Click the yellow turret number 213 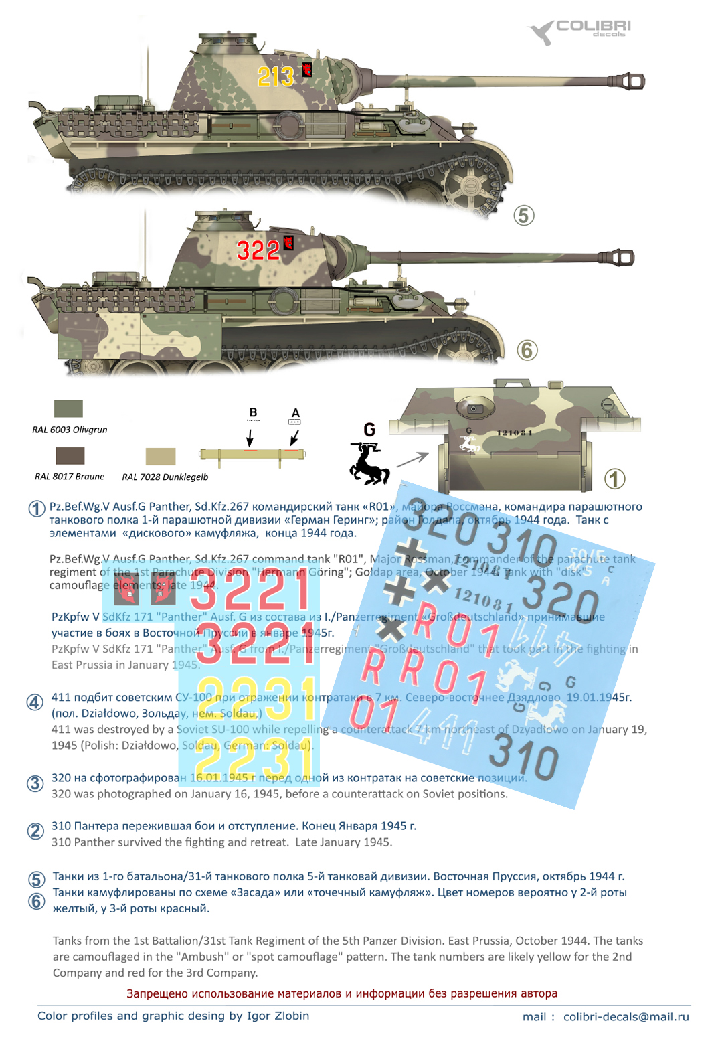click(275, 76)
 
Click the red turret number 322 click(258, 251)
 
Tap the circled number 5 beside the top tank click(523, 216)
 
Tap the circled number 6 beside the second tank click(527, 350)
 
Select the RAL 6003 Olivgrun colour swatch click(68, 408)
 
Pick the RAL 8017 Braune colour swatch click(70, 456)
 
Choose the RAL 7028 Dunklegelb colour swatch click(161, 456)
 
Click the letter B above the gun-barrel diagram click(253, 413)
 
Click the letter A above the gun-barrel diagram click(295, 413)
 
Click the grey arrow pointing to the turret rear click(412, 459)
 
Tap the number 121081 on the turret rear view click(515, 433)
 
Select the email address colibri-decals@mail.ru click(626, 1016)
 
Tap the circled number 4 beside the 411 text click(35, 702)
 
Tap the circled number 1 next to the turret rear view click(614, 479)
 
